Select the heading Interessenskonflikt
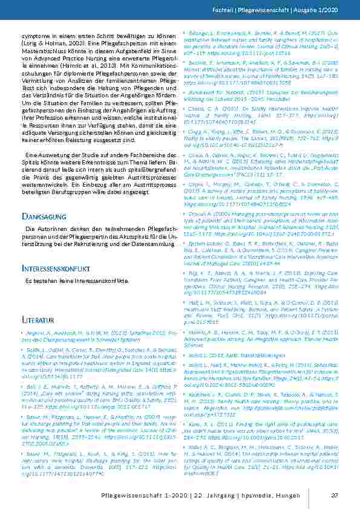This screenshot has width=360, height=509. (x=57, y=268)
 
